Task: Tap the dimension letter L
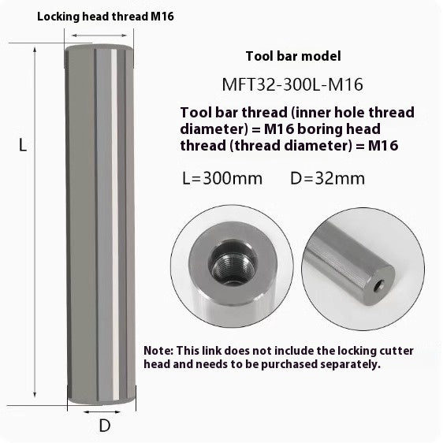click(23, 145)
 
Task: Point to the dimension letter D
click(104, 426)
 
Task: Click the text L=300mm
click(221, 177)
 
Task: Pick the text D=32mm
click(329, 177)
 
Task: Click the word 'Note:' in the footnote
click(160, 350)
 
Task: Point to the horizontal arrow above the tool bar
click(101, 34)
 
